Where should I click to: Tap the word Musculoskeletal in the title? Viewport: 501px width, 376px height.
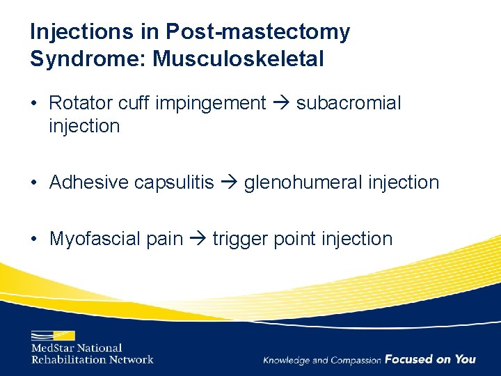pyautogui.click(x=239, y=59)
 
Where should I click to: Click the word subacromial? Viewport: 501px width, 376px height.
pyautogui.click(x=349, y=103)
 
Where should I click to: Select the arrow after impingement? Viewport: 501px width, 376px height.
pyautogui.click(x=281, y=104)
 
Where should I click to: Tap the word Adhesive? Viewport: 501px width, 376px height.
pyautogui.click(x=89, y=182)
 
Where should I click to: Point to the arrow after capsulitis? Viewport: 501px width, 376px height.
pyautogui.click(x=229, y=183)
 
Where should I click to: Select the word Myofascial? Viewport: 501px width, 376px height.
pyautogui.click(x=95, y=239)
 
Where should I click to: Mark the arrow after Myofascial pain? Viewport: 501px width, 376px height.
pyautogui.click(x=198, y=240)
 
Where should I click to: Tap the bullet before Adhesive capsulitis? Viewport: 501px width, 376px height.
pyautogui.click(x=33, y=183)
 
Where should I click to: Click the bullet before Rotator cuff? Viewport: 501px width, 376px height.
pyautogui.click(x=33, y=104)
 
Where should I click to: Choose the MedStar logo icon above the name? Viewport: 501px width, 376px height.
pyautogui.click(x=53, y=335)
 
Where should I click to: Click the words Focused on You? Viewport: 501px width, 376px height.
pyautogui.click(x=430, y=359)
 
